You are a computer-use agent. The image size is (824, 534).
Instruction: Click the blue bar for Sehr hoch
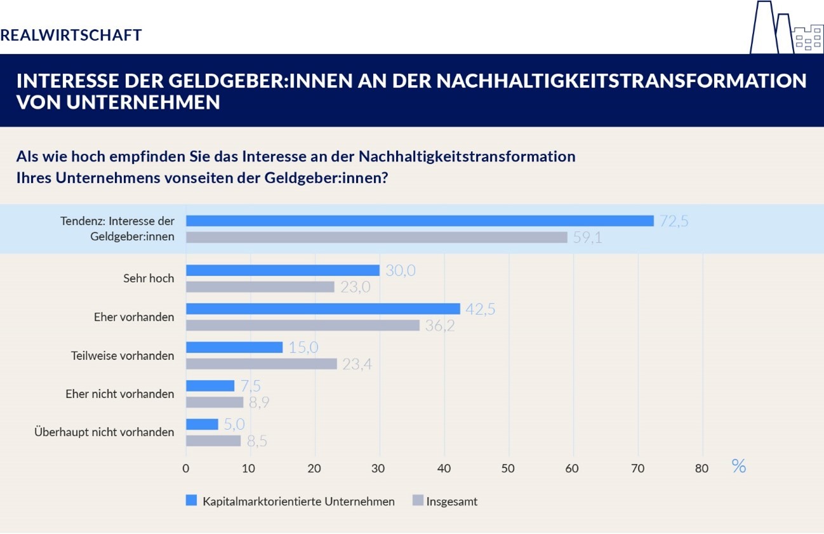pos(282,270)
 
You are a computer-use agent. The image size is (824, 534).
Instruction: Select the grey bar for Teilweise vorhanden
pos(261,364)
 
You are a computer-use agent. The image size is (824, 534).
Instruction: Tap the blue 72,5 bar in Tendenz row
pos(420,221)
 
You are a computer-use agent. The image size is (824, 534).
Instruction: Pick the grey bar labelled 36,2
pos(303,325)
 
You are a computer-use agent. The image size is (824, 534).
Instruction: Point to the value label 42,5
pos(480,309)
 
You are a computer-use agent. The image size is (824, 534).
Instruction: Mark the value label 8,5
pos(256,441)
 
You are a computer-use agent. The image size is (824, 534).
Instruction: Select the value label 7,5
pos(250,386)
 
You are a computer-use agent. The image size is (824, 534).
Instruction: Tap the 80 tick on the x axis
pos(701,469)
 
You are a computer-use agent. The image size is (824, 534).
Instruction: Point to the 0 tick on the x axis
pos(186,469)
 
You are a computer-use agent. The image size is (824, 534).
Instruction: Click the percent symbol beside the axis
pos(738,467)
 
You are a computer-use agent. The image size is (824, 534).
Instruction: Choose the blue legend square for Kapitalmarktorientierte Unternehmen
pos(191,500)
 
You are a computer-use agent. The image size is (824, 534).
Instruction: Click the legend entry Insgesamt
pos(451,502)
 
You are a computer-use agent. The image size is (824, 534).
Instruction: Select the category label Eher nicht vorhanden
pos(119,394)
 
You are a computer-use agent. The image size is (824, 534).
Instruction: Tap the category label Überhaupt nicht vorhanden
pos(103,432)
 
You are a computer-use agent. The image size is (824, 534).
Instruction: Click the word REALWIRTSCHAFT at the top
pos(71,35)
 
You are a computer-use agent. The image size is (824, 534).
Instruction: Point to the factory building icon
pos(785,29)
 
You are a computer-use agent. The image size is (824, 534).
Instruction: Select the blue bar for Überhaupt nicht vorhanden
pos(202,424)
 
